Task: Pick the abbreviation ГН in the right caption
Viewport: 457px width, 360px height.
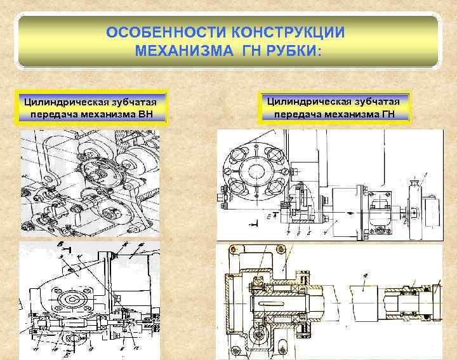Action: (385, 115)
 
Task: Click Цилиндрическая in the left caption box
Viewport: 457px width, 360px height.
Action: (62, 102)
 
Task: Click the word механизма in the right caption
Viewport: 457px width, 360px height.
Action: (340, 115)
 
